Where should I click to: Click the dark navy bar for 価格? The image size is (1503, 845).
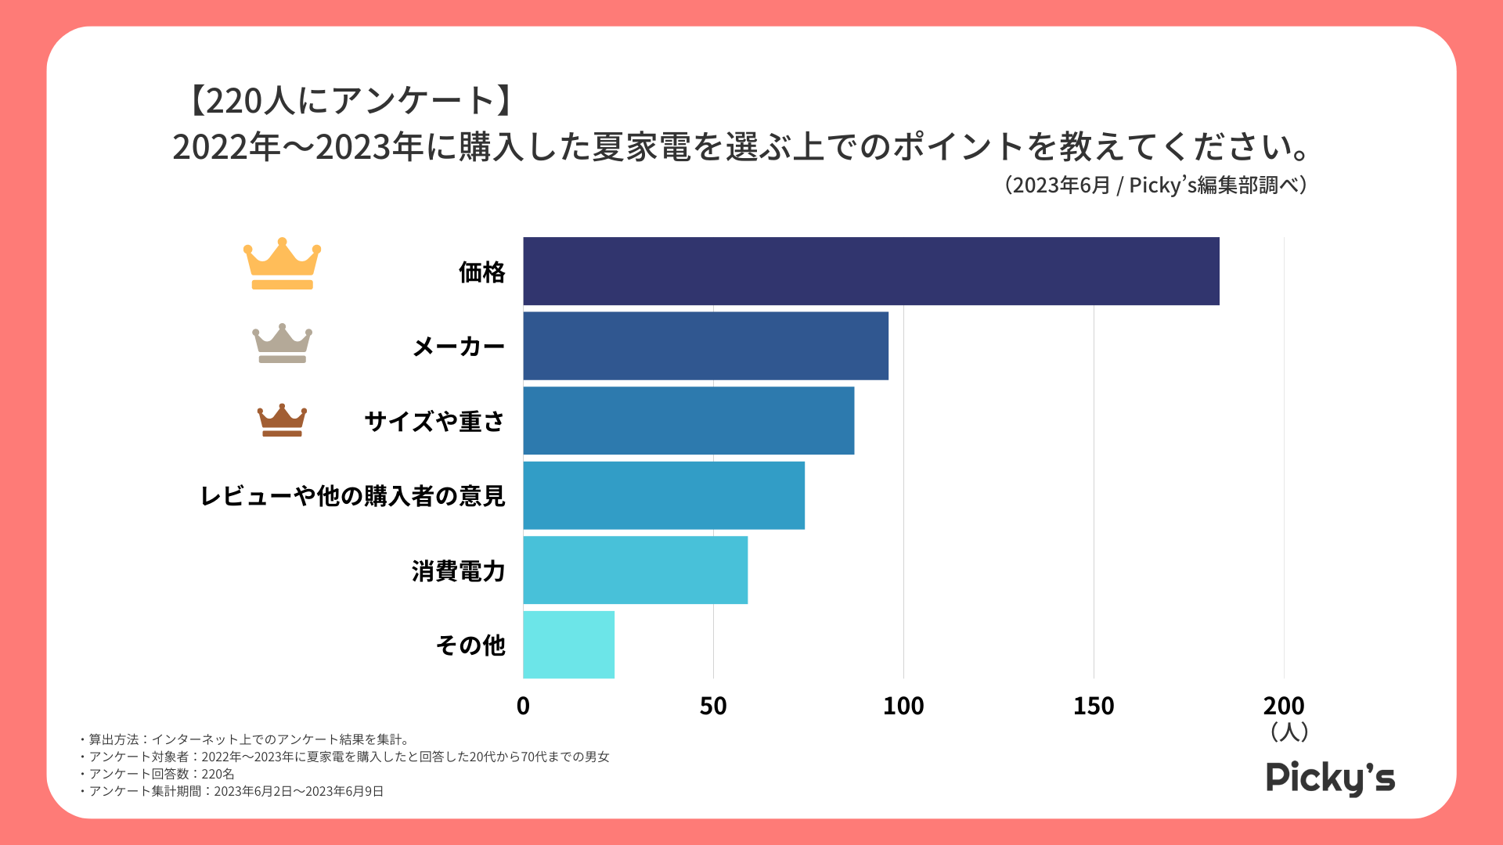(870, 271)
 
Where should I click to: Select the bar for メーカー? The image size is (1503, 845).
(705, 346)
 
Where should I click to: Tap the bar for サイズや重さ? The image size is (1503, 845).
(688, 420)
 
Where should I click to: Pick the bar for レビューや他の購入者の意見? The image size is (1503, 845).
(663, 495)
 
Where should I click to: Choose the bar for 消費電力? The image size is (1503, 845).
(635, 570)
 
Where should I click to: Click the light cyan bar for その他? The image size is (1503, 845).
(568, 645)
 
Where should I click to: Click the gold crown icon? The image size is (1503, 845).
(282, 264)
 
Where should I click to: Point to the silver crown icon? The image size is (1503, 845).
(282, 343)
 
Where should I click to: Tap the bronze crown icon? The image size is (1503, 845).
(282, 420)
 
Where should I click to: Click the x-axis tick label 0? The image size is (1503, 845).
(523, 707)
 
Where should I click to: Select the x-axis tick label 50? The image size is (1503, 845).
(713, 707)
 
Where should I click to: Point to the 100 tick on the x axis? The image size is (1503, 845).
(903, 707)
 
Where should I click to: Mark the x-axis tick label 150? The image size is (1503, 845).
(1094, 707)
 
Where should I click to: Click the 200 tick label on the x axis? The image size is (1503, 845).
(1284, 707)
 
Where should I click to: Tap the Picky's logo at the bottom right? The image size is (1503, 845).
(1330, 778)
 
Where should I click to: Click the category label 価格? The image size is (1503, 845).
(481, 272)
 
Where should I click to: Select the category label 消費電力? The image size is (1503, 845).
(458, 571)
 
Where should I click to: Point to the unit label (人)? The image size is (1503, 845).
(1289, 732)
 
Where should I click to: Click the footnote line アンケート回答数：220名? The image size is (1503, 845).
(161, 774)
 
